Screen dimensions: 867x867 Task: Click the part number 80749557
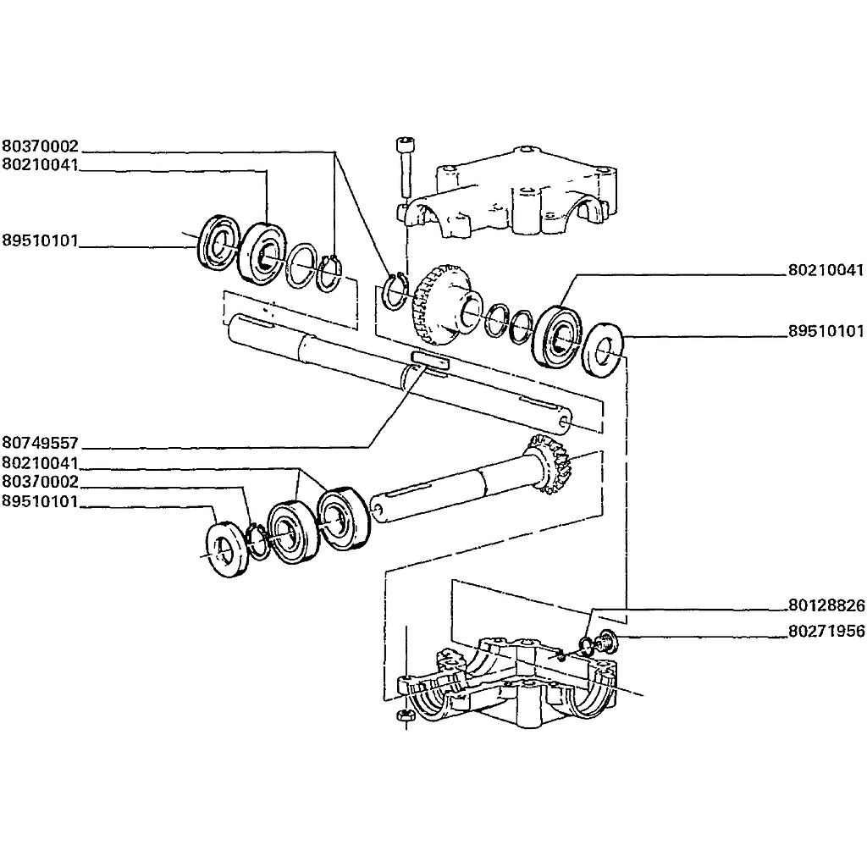click(41, 443)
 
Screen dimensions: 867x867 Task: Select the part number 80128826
click(826, 605)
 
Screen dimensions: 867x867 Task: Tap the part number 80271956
click(826, 631)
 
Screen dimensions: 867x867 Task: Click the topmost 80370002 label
click(41, 146)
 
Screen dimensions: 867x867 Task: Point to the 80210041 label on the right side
click(826, 270)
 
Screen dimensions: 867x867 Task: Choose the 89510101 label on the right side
click(826, 331)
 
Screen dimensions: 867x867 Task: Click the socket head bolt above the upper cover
click(406, 168)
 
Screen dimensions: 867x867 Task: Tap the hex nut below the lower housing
click(406, 715)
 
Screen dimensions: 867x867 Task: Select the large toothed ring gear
click(439, 304)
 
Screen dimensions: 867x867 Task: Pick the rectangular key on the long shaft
click(430, 358)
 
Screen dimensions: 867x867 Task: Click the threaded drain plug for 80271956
click(606, 643)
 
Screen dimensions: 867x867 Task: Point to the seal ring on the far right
click(604, 350)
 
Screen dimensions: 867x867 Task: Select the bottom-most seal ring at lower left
click(227, 549)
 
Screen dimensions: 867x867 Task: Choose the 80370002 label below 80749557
click(41, 482)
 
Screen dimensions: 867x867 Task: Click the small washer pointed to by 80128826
click(585, 645)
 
